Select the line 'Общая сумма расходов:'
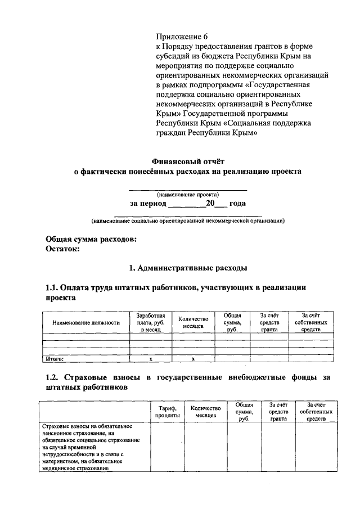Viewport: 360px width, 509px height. pyautogui.click(x=91, y=239)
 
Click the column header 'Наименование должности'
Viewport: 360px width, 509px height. pyautogui.click(x=86, y=323)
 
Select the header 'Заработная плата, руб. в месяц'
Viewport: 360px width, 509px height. pyautogui.click(x=151, y=323)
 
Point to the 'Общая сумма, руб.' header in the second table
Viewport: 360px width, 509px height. pyautogui.click(x=244, y=411)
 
